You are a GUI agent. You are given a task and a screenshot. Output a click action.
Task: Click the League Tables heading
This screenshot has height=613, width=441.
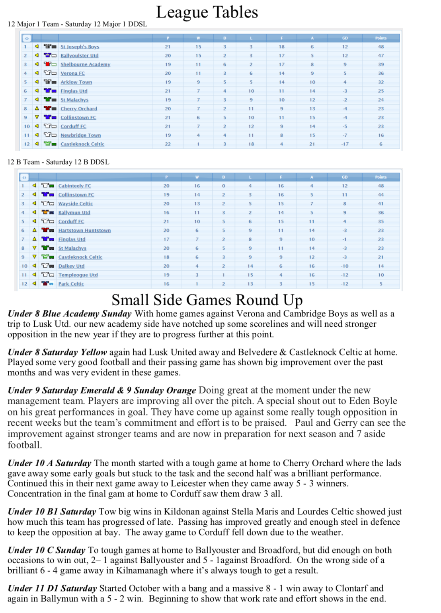pos(207,12)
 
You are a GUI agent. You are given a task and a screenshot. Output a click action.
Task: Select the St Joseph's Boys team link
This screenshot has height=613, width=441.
pos(80,47)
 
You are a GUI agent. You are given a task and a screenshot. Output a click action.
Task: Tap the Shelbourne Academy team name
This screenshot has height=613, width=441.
pos(85,64)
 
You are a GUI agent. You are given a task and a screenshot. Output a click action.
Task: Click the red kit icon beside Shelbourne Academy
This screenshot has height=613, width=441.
pos(50,64)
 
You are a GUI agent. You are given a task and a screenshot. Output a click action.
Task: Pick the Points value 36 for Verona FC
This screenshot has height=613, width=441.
pos(381,73)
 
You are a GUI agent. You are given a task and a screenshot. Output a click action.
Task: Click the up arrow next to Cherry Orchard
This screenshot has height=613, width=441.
pos(37,109)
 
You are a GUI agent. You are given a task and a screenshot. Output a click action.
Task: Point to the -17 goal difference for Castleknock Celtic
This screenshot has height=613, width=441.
pos(345,144)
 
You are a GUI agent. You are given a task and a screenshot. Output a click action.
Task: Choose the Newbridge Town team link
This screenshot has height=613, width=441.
pos(80,135)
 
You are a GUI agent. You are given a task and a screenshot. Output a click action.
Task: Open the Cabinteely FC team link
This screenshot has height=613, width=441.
pos(74,186)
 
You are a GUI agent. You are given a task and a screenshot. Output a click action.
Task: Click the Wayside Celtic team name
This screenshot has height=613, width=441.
pos(75,204)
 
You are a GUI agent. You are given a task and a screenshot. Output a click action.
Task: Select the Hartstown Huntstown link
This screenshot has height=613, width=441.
pos(84,230)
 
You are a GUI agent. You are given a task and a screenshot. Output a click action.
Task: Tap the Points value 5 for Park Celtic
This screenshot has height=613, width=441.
pos(381,284)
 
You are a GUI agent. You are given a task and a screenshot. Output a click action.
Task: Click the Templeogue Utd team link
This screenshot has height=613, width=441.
pos(78,275)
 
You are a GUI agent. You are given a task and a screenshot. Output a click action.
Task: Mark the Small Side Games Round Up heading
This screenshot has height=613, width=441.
pos(207,300)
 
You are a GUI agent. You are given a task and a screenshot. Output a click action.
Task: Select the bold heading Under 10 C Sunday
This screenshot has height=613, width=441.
pos(47,550)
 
